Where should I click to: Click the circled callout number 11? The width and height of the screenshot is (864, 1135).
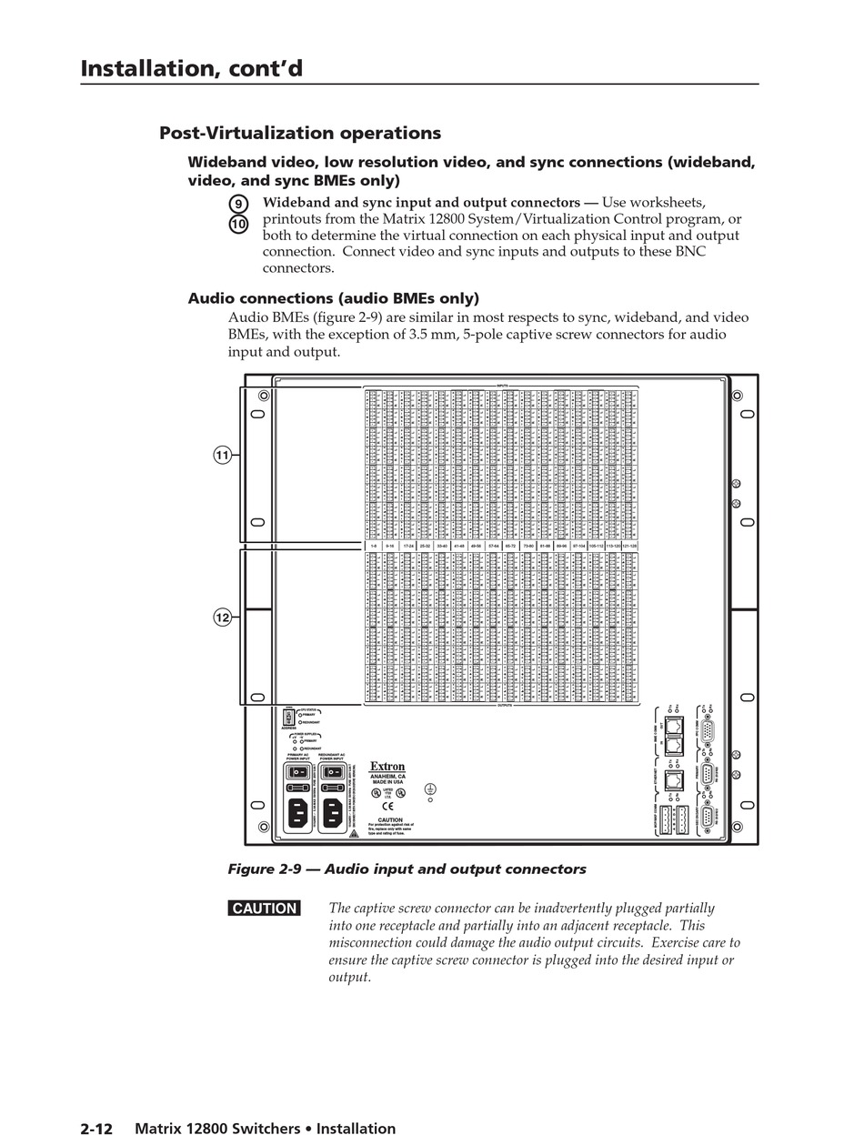click(222, 455)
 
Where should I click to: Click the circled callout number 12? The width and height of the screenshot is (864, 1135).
click(222, 618)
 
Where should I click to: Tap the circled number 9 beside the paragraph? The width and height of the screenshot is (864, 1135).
click(238, 204)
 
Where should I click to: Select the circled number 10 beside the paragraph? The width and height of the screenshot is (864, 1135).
click(238, 224)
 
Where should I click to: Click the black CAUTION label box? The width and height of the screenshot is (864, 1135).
click(264, 909)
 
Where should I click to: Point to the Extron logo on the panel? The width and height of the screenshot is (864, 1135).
click(387, 767)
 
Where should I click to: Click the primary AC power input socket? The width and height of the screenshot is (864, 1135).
click(298, 812)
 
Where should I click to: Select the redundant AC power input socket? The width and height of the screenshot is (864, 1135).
click(332, 812)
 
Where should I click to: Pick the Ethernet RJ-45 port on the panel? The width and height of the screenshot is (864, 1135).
click(672, 780)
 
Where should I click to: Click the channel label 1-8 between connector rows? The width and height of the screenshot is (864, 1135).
click(372, 546)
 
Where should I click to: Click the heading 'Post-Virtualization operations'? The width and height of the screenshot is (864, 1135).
click(300, 133)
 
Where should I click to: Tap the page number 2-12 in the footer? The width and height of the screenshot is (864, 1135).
click(96, 1129)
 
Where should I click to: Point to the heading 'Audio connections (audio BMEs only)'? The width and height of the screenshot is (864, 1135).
click(333, 298)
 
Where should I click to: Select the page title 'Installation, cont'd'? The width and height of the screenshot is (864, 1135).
click(191, 68)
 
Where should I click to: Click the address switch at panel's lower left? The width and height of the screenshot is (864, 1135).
click(289, 717)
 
